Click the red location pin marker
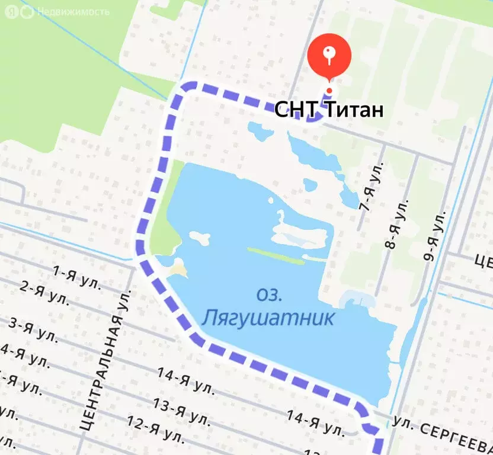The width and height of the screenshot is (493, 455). pyautogui.click(x=329, y=56)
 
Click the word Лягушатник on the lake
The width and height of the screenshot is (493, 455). pyautogui.click(x=268, y=318)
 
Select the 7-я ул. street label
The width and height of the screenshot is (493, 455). pyautogui.click(x=372, y=186)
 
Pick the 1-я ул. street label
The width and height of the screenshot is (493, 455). pyautogui.click(x=76, y=276)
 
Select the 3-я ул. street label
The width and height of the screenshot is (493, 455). pyautogui.click(x=33, y=329)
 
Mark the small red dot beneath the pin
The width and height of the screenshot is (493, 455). pyautogui.click(x=329, y=91)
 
